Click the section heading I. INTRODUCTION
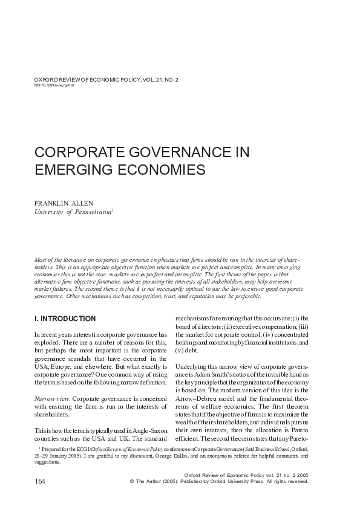click(x=65, y=318)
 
